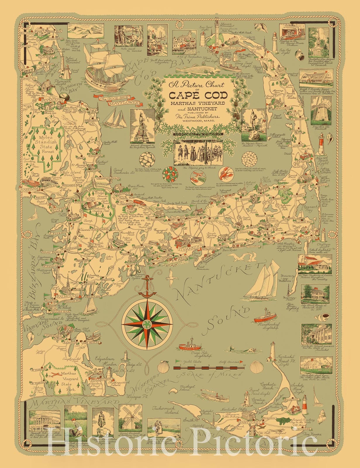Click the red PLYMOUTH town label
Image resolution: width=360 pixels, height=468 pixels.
coord(53,100)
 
